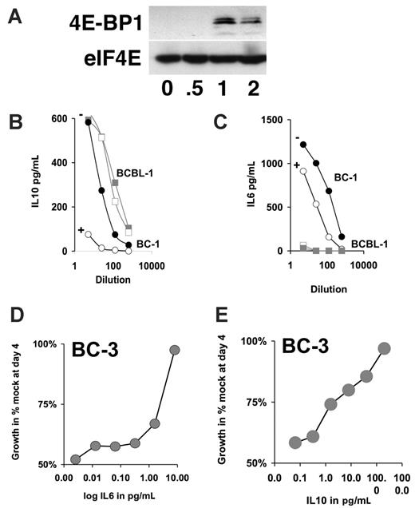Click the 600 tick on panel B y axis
[61, 119]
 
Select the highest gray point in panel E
[384, 348]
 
